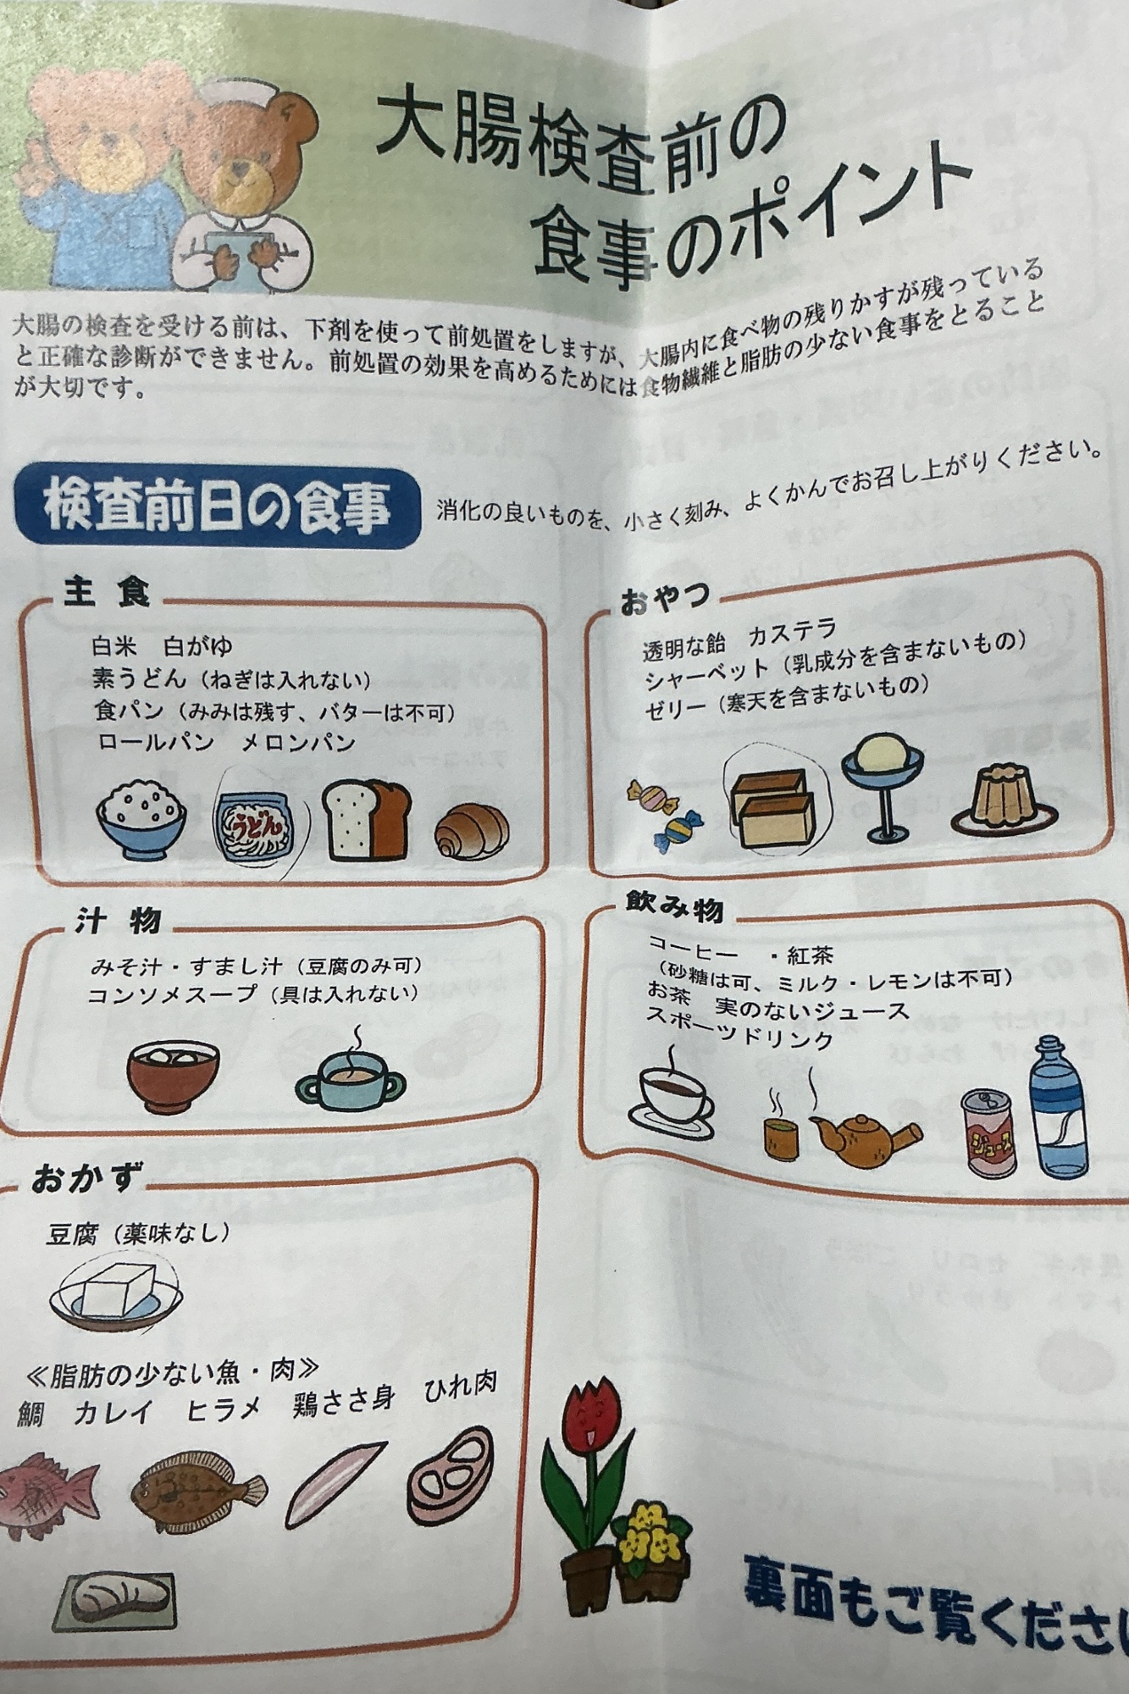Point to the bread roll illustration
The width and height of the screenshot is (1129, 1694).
(472, 831)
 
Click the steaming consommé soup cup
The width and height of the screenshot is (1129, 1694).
(350, 1075)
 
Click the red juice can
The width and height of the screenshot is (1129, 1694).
(989, 1132)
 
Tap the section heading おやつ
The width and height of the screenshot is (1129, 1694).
(665, 600)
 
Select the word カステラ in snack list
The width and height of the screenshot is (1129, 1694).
(792, 633)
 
